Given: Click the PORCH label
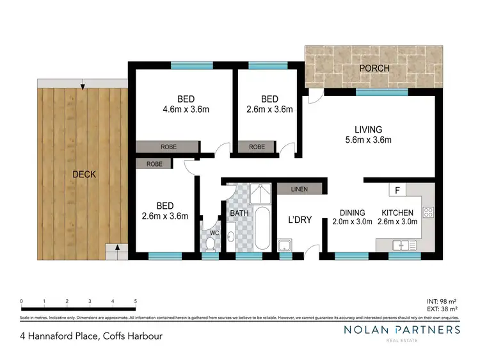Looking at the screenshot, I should click(374, 68).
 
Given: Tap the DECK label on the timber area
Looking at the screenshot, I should click(84, 174).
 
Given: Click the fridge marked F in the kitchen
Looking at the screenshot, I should click(397, 191).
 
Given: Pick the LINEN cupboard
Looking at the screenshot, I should click(299, 189).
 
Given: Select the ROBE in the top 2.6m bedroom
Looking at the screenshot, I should click(257, 147).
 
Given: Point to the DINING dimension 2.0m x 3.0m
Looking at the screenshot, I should click(352, 222).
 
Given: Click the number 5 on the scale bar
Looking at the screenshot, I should click(135, 301).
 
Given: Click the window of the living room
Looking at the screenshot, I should click(373, 92).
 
